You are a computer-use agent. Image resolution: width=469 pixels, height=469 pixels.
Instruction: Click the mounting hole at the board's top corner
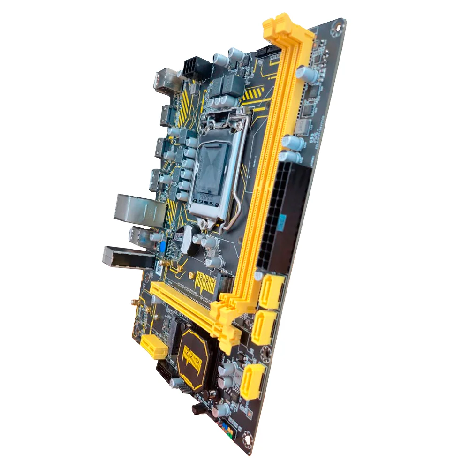coord(336,28)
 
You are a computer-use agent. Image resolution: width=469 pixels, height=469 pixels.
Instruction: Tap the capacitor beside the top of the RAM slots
coord(307,75)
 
